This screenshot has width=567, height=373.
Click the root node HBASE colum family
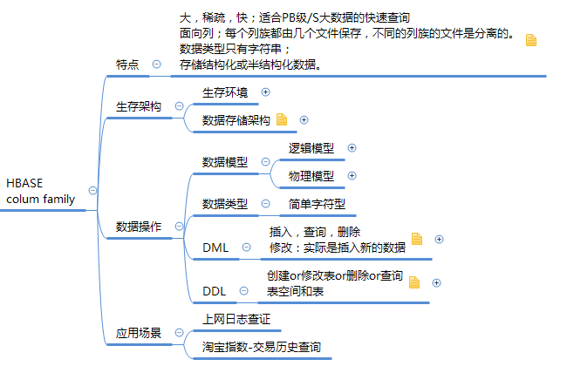(40, 191)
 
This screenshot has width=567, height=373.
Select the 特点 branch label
(127, 64)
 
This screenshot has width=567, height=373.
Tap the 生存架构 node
(139, 106)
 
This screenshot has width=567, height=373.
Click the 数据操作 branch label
(139, 227)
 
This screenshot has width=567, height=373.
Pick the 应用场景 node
(139, 333)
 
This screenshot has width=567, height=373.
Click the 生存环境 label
(225, 92)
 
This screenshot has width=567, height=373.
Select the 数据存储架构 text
(236, 120)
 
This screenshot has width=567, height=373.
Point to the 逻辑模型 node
(311, 148)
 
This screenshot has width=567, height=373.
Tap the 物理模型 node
(311, 176)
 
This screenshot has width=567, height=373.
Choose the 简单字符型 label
(318, 204)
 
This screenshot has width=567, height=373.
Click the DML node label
(215, 248)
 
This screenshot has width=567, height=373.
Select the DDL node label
(215, 291)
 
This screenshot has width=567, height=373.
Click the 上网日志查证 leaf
(236, 319)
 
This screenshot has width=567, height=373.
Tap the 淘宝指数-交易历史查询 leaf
(262, 347)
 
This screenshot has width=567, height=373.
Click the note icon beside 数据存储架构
(282, 119)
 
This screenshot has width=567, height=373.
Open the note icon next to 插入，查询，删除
(417, 239)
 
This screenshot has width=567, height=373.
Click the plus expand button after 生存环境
(265, 92)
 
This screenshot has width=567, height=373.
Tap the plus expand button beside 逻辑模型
(352, 148)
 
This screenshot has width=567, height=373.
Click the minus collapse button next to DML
(246, 248)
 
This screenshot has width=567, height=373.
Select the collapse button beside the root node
(92, 191)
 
